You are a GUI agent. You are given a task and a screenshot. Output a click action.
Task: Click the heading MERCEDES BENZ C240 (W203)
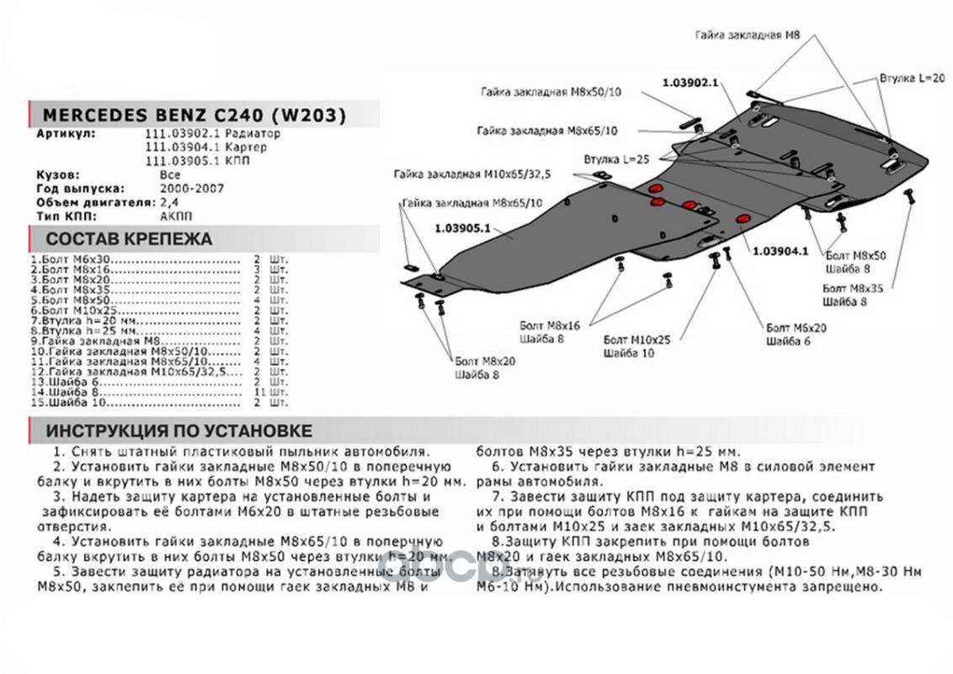(x=194, y=115)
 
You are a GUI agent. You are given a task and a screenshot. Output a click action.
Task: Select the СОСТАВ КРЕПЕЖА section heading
(x=129, y=238)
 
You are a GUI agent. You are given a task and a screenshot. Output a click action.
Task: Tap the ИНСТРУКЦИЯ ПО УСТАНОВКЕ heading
(x=178, y=431)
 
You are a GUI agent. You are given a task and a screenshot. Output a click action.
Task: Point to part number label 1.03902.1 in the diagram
(x=689, y=83)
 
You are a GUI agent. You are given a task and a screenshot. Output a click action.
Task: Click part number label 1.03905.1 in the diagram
(x=462, y=227)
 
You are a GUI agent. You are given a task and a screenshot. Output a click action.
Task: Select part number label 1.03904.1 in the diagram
(x=780, y=250)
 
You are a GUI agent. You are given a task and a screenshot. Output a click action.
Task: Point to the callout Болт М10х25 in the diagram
(x=636, y=339)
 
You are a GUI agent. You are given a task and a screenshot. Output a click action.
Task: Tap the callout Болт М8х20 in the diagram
(x=485, y=360)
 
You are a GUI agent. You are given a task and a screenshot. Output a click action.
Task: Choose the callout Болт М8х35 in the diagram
(x=853, y=288)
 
